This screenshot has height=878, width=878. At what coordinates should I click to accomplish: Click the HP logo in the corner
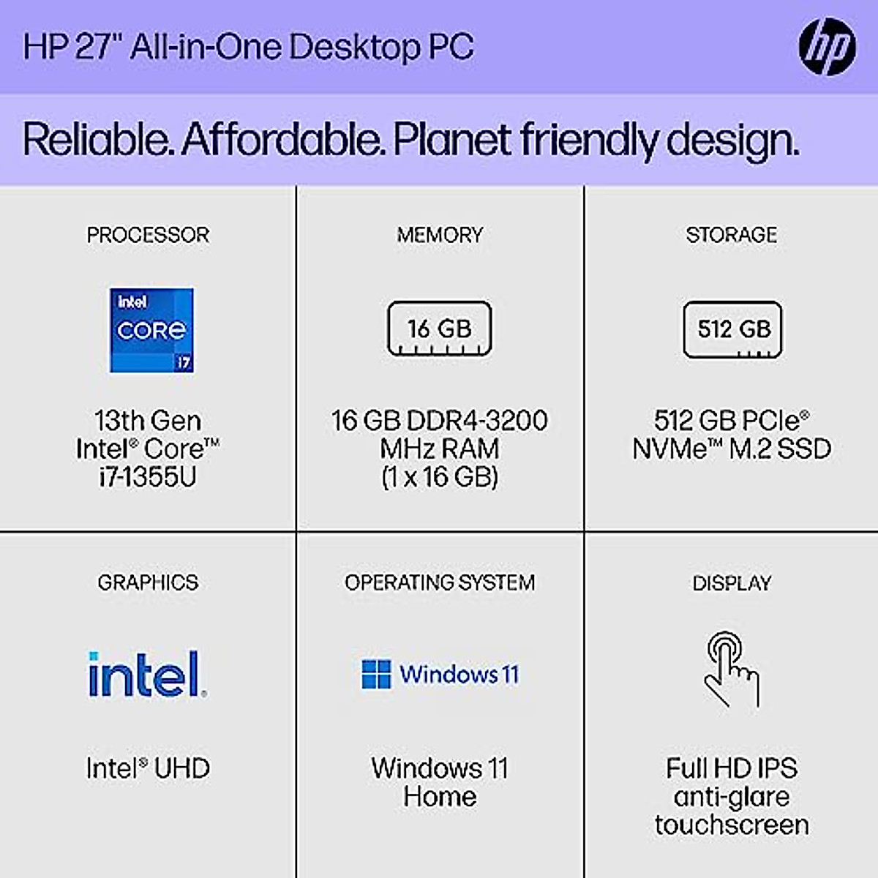pyautogui.click(x=827, y=47)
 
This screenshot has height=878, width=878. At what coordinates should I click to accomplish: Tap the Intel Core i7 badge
pyautogui.click(x=151, y=330)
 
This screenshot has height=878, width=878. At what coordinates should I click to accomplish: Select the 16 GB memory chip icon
pyautogui.click(x=439, y=329)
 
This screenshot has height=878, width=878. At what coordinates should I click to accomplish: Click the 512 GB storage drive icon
pyautogui.click(x=732, y=329)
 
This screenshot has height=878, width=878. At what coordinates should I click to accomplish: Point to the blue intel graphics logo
pyautogui.click(x=146, y=674)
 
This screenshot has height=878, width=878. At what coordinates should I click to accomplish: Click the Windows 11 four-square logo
pyautogui.click(x=376, y=674)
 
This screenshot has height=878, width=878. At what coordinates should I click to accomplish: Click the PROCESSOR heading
pyautogui.click(x=148, y=235)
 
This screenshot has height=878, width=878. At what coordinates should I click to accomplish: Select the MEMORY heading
pyautogui.click(x=440, y=235)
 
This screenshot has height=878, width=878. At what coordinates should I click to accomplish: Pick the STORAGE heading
pyautogui.click(x=732, y=235)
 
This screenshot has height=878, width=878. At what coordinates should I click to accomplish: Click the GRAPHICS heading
pyautogui.click(x=148, y=582)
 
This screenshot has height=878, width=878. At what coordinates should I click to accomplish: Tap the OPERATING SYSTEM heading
pyautogui.click(x=440, y=582)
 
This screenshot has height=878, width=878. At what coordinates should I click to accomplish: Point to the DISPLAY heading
pyautogui.click(x=732, y=583)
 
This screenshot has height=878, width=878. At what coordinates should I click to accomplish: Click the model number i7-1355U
pyautogui.click(x=148, y=477)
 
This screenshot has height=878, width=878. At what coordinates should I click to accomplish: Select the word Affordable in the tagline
pyautogui.click(x=282, y=139)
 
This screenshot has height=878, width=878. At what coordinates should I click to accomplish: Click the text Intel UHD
pyautogui.click(x=148, y=768)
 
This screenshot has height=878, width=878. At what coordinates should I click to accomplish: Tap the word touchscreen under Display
pyautogui.click(x=732, y=825)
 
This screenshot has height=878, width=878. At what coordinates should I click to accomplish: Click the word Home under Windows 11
pyautogui.click(x=440, y=796)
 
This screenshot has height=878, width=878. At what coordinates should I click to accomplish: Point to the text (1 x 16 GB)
pyautogui.click(x=440, y=477)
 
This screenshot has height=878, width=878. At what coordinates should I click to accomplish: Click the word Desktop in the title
pyautogui.click(x=354, y=47)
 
